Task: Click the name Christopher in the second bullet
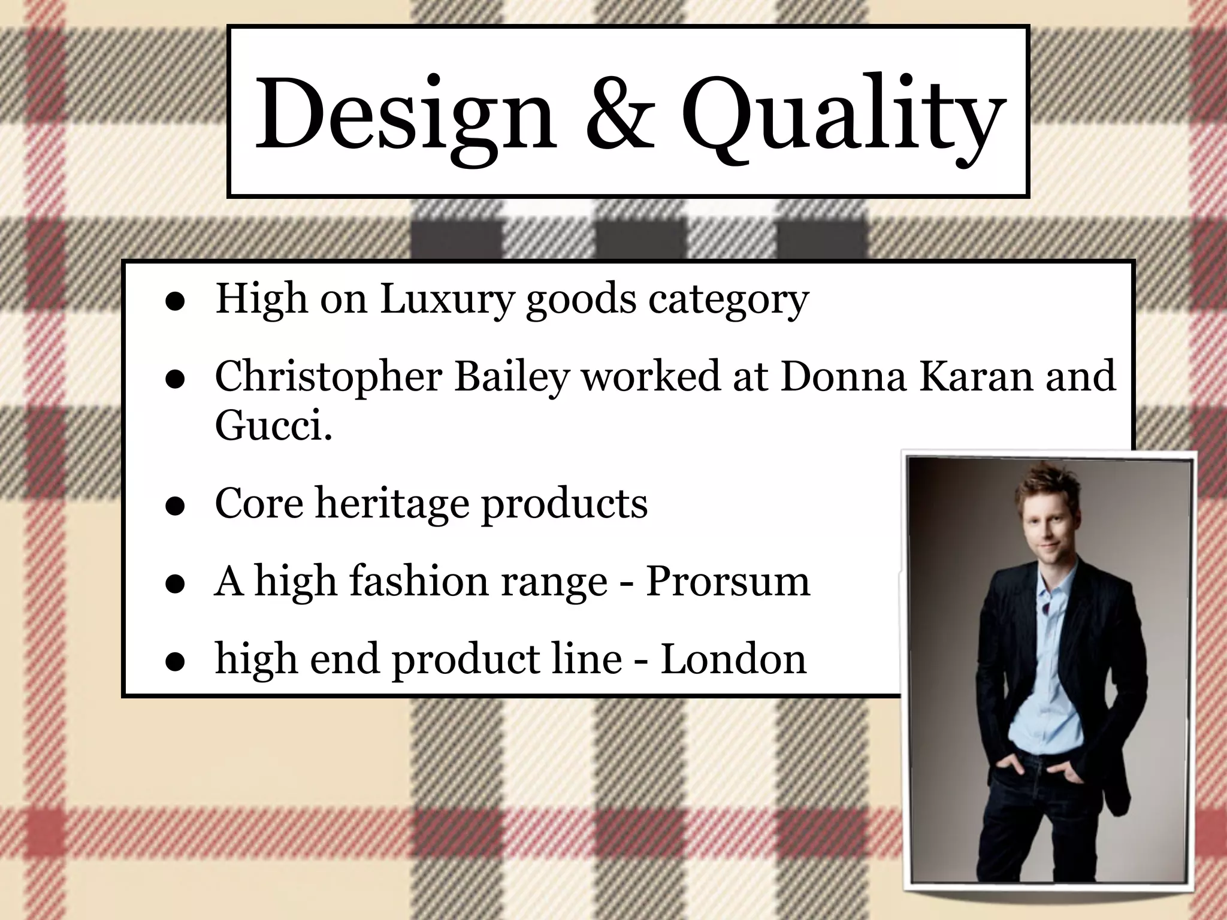(328, 377)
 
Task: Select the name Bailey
(511, 377)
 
